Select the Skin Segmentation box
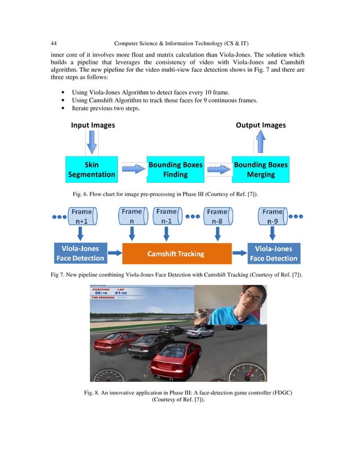(x=91, y=170)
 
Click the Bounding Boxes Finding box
(x=175, y=170)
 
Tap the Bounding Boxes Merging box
(x=261, y=170)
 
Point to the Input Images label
(x=93, y=125)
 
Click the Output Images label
(x=260, y=125)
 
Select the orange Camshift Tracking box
(x=176, y=253)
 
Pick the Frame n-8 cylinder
(x=217, y=217)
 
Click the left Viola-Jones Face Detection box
(x=80, y=253)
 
